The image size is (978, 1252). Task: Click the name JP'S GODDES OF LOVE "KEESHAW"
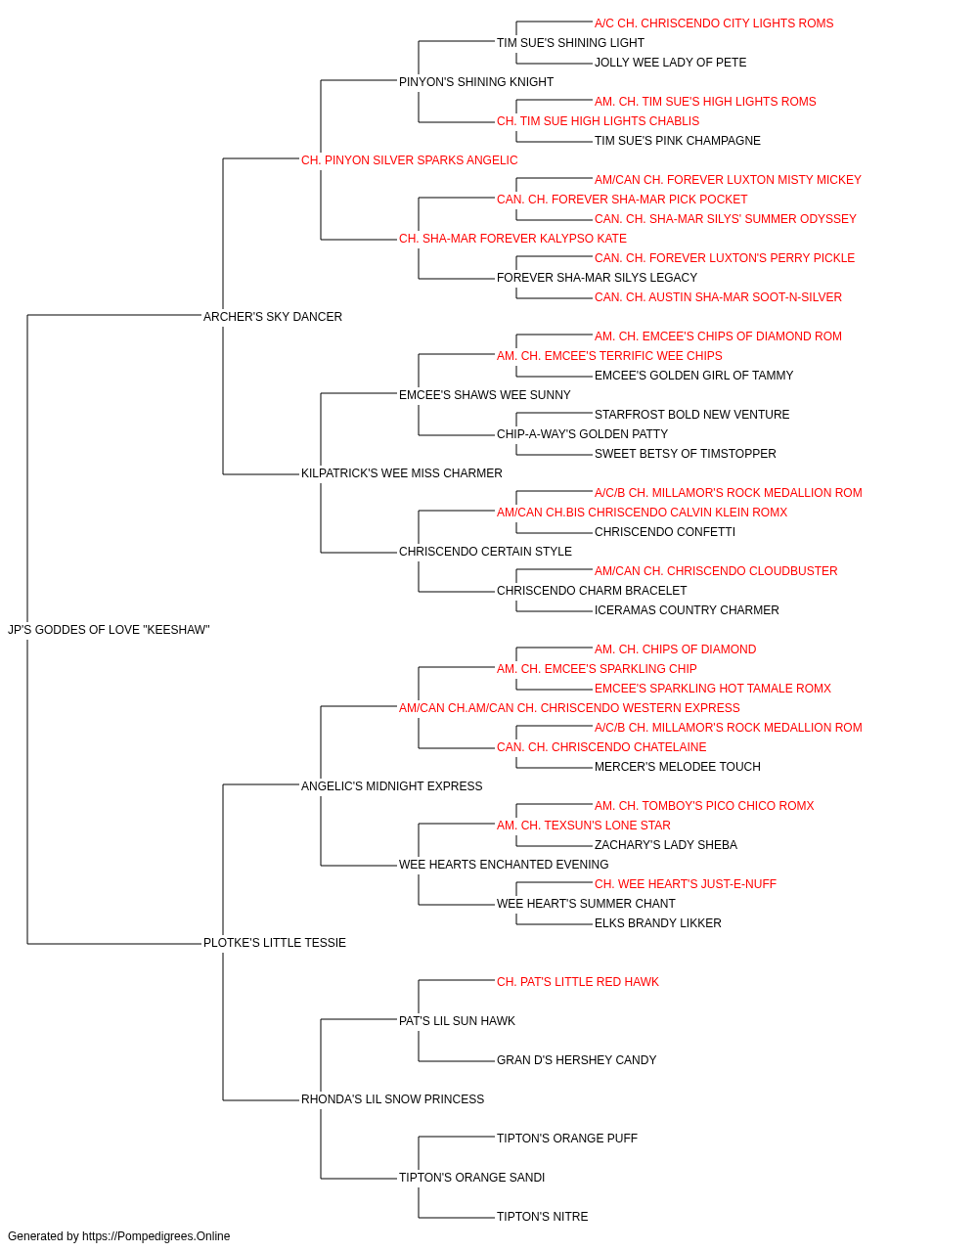pos(109,630)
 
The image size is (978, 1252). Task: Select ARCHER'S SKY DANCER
pos(273,317)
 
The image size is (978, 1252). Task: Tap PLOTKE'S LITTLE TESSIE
pos(274,943)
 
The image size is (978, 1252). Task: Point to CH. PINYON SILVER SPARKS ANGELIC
pos(409,160)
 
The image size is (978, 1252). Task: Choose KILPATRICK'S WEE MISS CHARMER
pos(401,473)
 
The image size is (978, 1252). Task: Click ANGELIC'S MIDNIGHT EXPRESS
pos(391,785)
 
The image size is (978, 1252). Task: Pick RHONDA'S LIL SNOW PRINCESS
pos(392,1098)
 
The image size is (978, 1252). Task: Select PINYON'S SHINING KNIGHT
pos(475,82)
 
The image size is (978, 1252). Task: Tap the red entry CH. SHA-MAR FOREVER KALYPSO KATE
pos(512,239)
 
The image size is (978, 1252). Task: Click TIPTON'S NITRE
pos(542,1216)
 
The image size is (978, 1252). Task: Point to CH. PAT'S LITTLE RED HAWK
pos(578,982)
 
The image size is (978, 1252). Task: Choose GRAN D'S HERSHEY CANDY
pos(577,1060)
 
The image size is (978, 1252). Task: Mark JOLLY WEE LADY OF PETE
pos(671,63)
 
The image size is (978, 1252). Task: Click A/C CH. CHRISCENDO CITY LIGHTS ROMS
pos(714,23)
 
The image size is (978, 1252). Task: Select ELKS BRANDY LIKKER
pos(658,923)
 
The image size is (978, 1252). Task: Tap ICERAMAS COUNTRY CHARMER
pos(687,610)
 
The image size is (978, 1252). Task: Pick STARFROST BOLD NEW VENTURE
pos(691,415)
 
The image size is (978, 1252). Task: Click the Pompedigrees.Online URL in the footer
pos(156,1236)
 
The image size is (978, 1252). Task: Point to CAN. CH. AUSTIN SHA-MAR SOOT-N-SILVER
pos(718,297)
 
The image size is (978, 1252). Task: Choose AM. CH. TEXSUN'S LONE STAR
pos(584,826)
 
